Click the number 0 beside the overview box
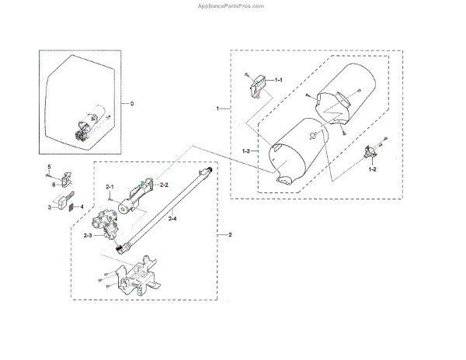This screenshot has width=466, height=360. click(x=131, y=103)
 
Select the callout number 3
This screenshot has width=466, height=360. click(x=49, y=208)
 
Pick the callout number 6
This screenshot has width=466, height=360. click(x=54, y=185)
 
